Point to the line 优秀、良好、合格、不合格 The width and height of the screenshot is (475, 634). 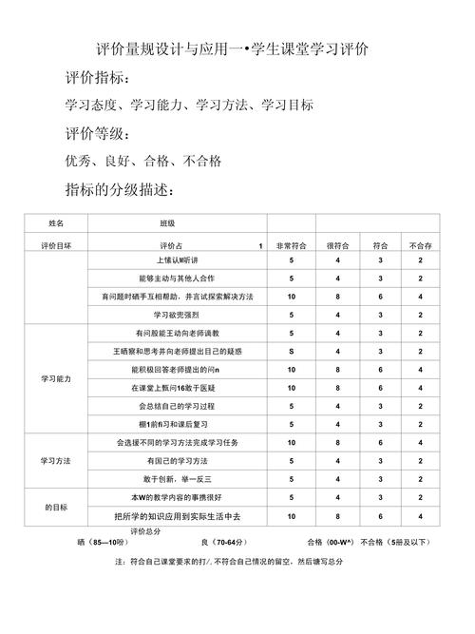142,162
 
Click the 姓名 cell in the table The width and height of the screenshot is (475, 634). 56,223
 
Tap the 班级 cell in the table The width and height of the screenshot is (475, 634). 166,223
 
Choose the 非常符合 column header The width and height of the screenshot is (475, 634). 291,244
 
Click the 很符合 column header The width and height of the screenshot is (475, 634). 337,244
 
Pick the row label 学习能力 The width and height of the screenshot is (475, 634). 56,378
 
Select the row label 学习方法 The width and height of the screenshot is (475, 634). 56,460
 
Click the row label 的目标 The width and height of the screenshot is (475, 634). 56,507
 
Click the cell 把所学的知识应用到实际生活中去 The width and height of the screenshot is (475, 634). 176,516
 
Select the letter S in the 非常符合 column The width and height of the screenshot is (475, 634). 291,351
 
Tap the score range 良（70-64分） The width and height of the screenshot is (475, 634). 225,543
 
